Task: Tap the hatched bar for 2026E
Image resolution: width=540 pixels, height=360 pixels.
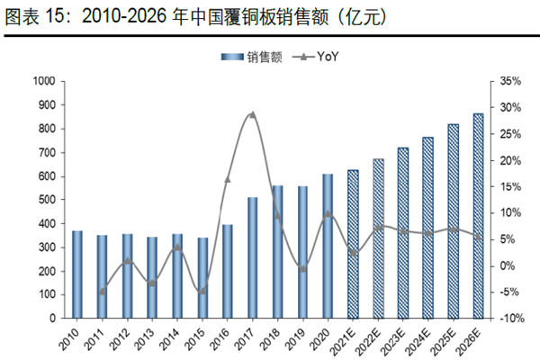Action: [478, 215]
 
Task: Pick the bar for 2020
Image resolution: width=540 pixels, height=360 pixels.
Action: [328, 246]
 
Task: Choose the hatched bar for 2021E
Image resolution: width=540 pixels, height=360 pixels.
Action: [353, 244]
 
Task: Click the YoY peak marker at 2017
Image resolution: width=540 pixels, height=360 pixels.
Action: [252, 114]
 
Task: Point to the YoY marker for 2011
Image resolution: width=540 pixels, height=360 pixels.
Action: [102, 291]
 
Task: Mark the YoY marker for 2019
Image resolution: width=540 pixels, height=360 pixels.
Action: [303, 268]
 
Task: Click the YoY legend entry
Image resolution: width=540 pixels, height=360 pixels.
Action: [313, 57]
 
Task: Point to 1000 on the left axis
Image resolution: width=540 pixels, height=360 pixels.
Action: [42, 81]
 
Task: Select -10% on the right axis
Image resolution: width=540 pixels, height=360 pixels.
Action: [509, 319]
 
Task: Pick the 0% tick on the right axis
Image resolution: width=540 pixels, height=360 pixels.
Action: [508, 265]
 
